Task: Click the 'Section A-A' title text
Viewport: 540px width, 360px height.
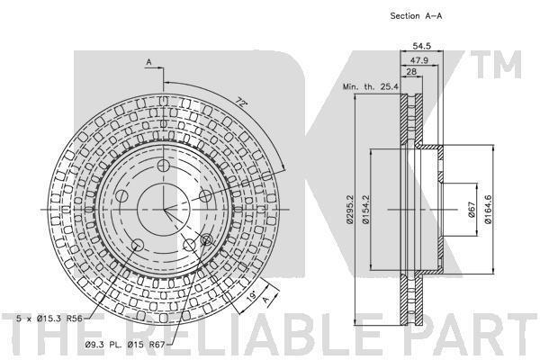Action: (x=416, y=16)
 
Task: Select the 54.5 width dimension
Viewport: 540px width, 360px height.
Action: (x=421, y=46)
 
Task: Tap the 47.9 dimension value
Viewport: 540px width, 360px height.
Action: (x=419, y=60)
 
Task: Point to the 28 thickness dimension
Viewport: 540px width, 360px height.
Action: (x=411, y=72)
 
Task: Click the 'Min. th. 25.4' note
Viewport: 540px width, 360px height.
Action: (x=371, y=86)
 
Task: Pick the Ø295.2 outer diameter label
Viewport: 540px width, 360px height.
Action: (x=350, y=210)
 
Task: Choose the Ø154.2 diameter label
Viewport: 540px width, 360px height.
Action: (x=365, y=210)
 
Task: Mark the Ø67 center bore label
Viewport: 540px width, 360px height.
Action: (x=472, y=210)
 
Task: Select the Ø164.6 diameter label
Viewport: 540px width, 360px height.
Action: (x=488, y=210)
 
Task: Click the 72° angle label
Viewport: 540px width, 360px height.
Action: (x=242, y=103)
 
